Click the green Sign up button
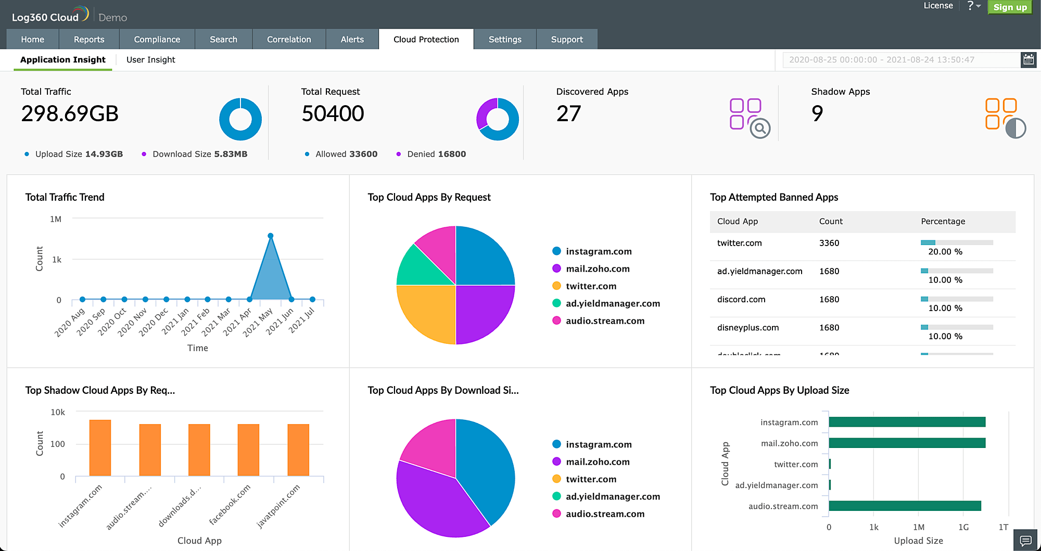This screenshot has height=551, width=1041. point(1009,7)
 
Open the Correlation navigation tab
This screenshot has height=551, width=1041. point(289,40)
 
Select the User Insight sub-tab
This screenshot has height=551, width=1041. point(150,60)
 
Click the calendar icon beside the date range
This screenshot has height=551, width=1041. point(1028,60)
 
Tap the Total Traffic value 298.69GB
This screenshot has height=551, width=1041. point(70,114)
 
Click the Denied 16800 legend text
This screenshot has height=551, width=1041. point(436,154)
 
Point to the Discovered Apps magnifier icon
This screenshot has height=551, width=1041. point(759,128)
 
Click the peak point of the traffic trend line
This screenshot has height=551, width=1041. point(271,236)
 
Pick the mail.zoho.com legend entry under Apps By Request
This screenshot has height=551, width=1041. point(598,269)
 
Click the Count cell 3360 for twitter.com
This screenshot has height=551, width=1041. point(829,243)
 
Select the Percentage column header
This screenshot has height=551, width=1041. point(943,222)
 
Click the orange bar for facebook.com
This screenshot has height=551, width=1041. point(248,450)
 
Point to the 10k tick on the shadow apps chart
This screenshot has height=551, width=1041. point(58,413)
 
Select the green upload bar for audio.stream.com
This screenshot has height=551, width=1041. point(905,506)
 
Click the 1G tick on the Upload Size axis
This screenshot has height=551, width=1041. point(963,528)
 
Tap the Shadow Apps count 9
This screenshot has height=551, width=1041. point(817,114)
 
